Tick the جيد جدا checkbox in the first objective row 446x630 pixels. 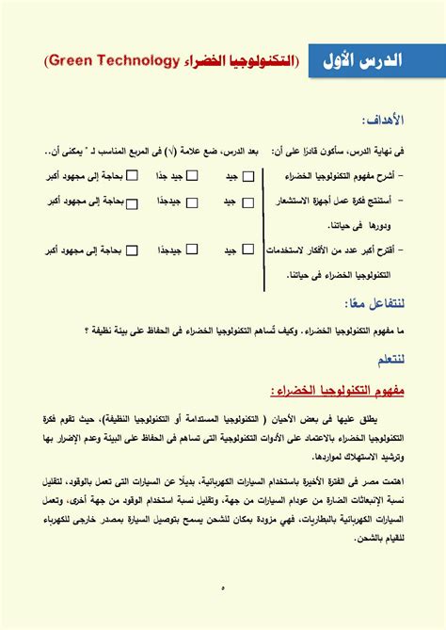point(192,175)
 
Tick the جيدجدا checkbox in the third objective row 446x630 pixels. point(192,250)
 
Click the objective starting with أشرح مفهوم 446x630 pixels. point(358,176)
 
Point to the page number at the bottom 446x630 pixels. point(223,589)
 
